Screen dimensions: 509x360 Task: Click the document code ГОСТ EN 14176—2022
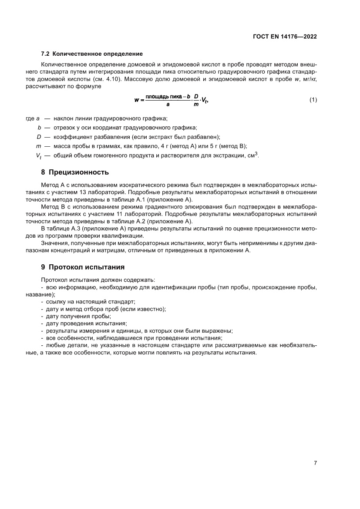click(x=284, y=37)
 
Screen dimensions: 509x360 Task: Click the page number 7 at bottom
click(x=315, y=463)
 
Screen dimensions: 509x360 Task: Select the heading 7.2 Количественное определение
click(x=92, y=54)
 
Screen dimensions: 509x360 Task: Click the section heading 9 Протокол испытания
click(x=83, y=266)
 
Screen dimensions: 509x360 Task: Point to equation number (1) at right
click(x=313, y=100)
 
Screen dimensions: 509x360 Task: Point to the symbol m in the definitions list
click(x=38, y=146)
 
